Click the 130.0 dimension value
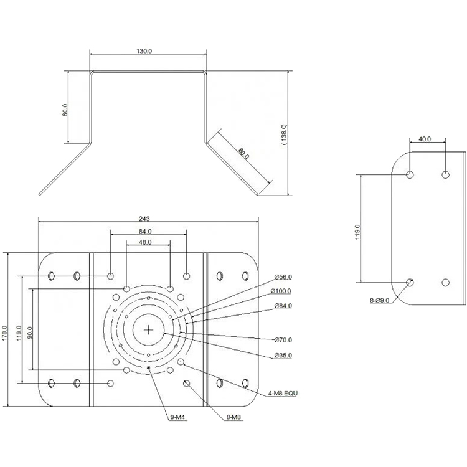coord(144,51)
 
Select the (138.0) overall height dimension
coord(284,134)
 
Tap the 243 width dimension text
coord(144,219)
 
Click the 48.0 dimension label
coord(145,242)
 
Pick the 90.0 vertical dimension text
coord(29,333)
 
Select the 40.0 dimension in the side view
coord(425,139)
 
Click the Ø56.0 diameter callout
coord(283,277)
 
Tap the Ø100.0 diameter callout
coord(281,291)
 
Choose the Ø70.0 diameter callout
coord(283,340)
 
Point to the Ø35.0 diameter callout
coord(283,356)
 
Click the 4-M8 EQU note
coord(283,394)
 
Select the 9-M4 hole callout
coord(177,417)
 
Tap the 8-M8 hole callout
coord(233,417)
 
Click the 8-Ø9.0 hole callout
coord(379,301)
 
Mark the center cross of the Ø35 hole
coord(148,329)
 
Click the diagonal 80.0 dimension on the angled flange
coord(243,153)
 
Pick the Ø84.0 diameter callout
coord(283,306)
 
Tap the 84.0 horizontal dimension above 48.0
coord(145,232)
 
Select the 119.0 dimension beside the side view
coord(357,232)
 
